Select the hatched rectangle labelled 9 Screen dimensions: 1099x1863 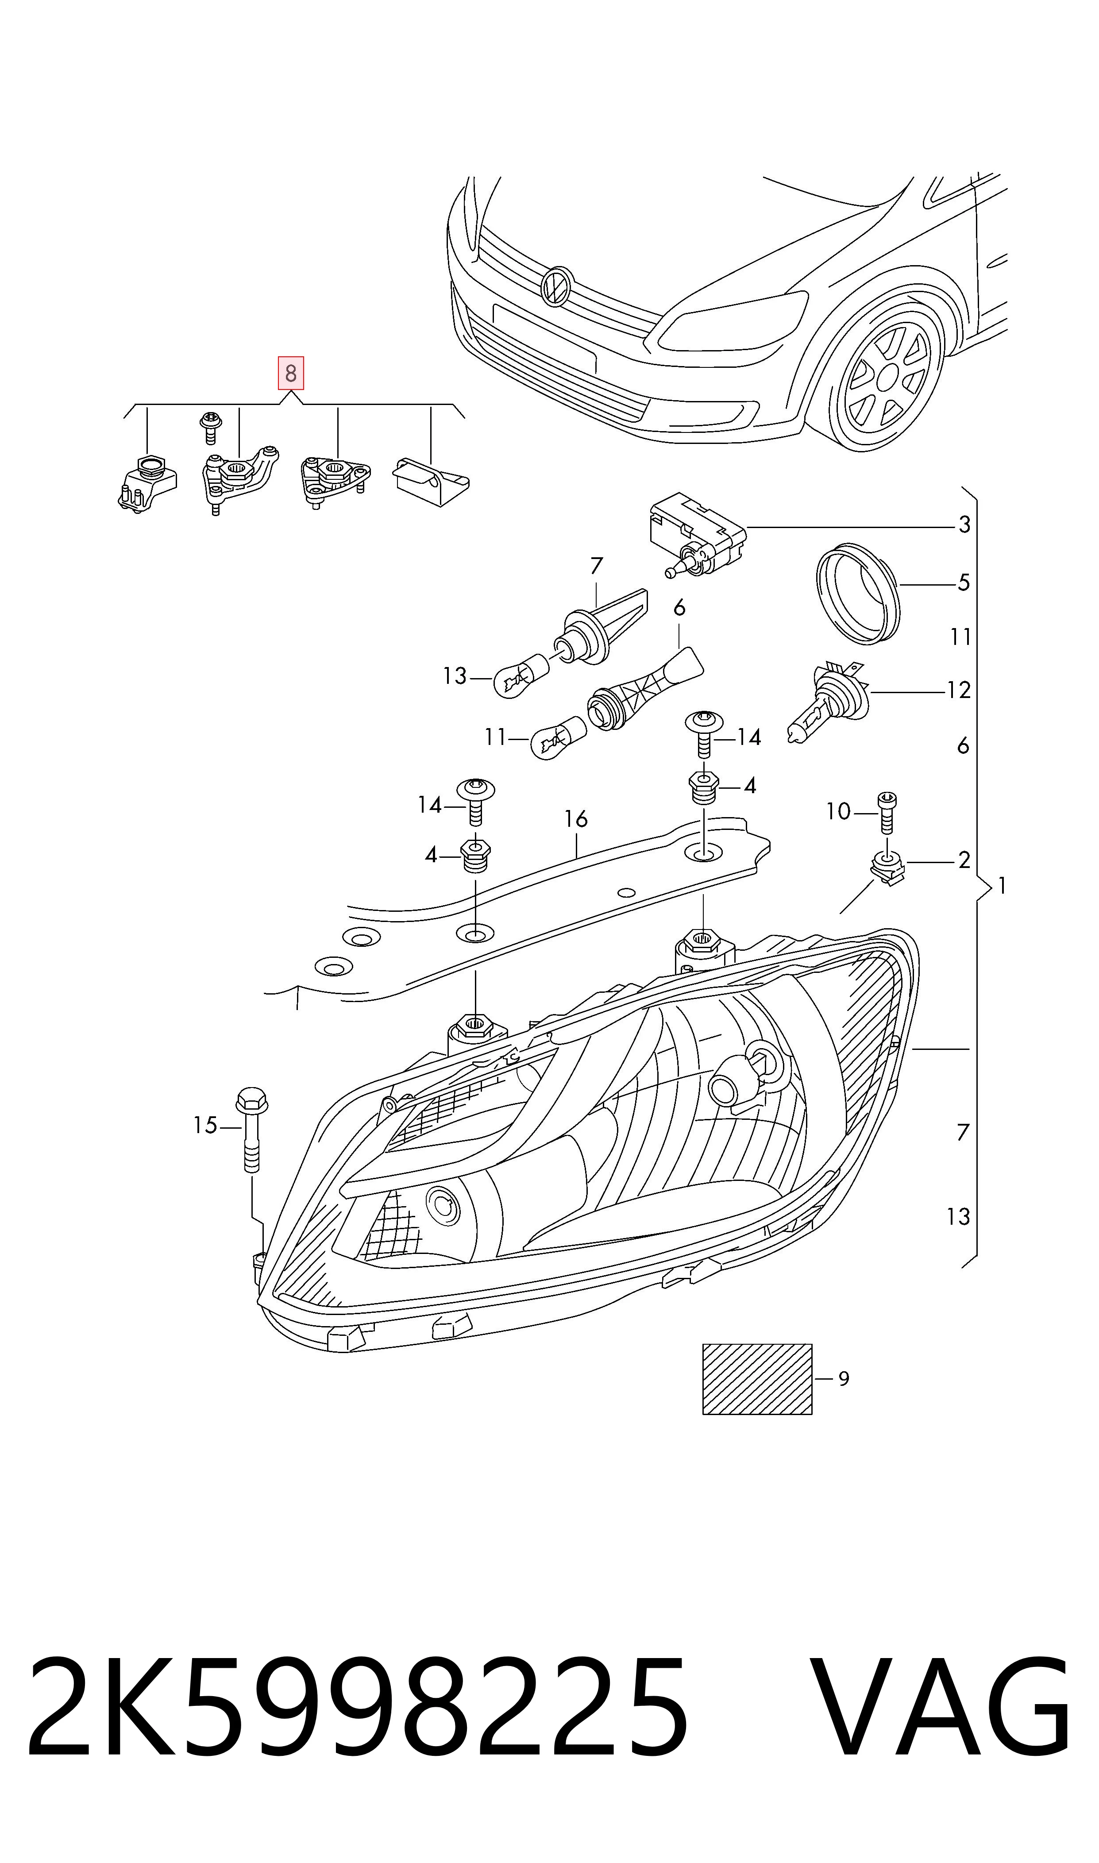pos(757,1379)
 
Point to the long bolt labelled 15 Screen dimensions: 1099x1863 pos(252,1129)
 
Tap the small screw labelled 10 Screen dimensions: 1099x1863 pos(887,813)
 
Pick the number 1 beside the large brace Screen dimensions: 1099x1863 pos(1002,886)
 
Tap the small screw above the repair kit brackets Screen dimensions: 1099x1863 pos(210,427)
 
